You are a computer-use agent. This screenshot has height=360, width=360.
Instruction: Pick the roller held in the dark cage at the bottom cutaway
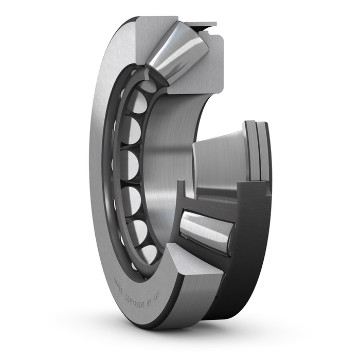[x=206, y=231]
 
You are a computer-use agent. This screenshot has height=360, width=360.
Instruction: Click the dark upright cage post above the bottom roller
[x=182, y=195]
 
